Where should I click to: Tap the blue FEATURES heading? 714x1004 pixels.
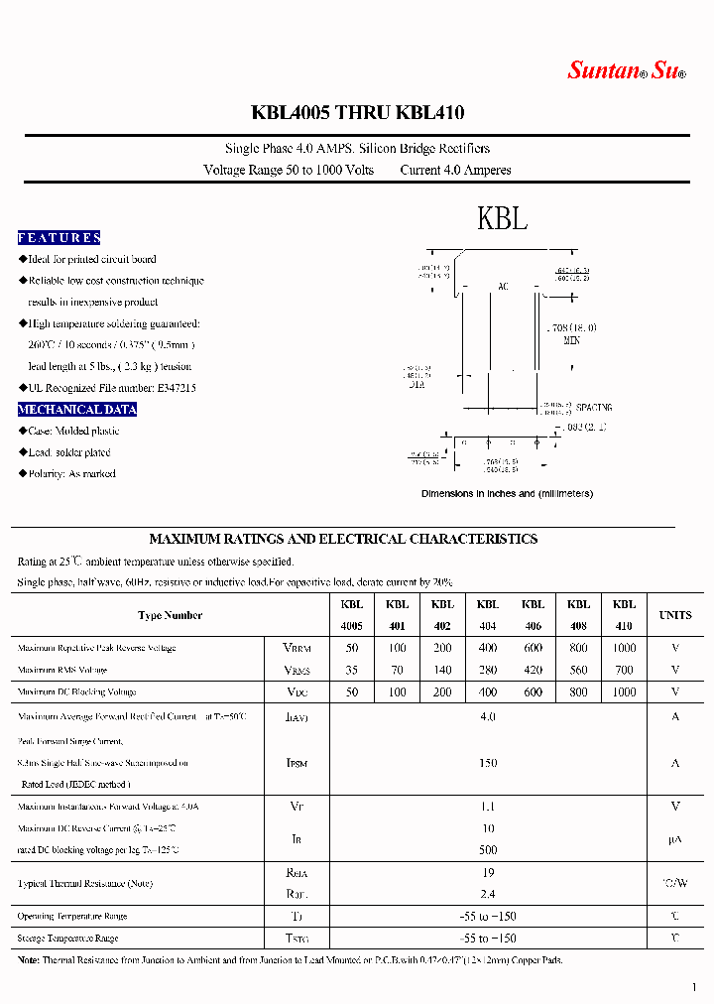pos(59,238)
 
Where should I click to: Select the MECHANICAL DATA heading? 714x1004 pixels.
pos(77,410)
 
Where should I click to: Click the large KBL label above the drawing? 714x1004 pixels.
pos(502,218)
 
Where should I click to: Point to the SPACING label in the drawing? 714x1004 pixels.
pos(594,408)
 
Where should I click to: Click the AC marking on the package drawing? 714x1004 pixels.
pos(503,287)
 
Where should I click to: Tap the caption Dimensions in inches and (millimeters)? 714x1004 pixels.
pos(507,493)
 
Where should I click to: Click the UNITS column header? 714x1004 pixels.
pos(675,615)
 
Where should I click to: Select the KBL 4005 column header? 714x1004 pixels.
pos(352,615)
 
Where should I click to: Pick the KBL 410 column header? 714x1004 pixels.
pos(624,615)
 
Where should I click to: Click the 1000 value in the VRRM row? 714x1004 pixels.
pos(624,648)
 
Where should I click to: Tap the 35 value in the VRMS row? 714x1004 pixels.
pos(352,670)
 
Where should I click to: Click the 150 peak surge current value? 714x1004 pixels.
pos(487,763)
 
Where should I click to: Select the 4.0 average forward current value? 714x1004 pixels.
pos(487,716)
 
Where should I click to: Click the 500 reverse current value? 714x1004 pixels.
pos(487,850)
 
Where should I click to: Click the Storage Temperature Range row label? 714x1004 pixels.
pos(67,939)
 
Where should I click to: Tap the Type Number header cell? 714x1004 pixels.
pos(170,615)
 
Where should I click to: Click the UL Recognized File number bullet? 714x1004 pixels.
pos(111,388)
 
